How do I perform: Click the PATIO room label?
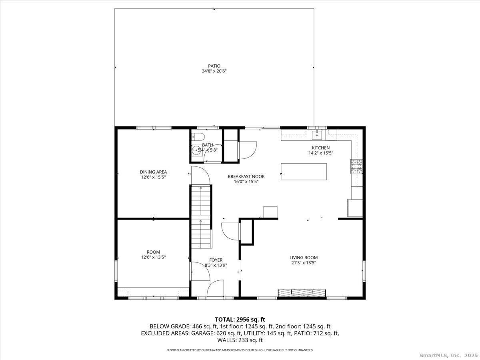coord(214,66)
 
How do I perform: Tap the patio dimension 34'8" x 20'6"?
coord(214,71)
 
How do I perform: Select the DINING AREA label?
coord(153,172)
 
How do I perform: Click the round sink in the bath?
coord(196,150)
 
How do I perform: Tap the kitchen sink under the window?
coord(317,135)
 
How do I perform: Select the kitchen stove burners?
coord(356,166)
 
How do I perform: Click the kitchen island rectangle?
coord(304,172)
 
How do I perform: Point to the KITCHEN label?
coord(321,148)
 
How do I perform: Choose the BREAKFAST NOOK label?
coord(246,176)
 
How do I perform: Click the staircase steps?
coord(201,216)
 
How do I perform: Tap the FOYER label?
coord(216,260)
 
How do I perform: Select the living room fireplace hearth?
coord(302,293)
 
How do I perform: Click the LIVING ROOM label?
coord(304,258)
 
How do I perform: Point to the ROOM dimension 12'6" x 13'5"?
coord(153,257)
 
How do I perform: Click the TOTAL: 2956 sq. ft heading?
coord(240,320)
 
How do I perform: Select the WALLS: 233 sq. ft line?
coord(240,340)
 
